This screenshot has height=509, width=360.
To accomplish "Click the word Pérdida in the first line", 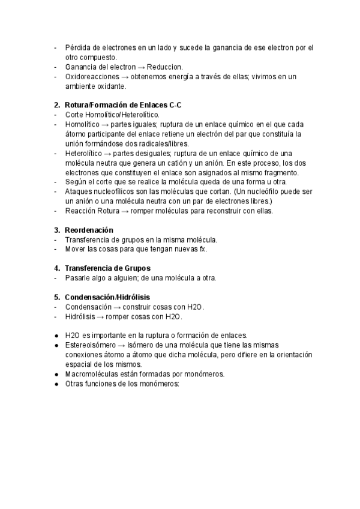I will [76, 47].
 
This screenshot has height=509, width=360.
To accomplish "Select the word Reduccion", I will [164, 67].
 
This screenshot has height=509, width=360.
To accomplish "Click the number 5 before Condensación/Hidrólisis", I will [56, 297].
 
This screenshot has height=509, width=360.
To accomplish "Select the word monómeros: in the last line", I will [160, 384].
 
